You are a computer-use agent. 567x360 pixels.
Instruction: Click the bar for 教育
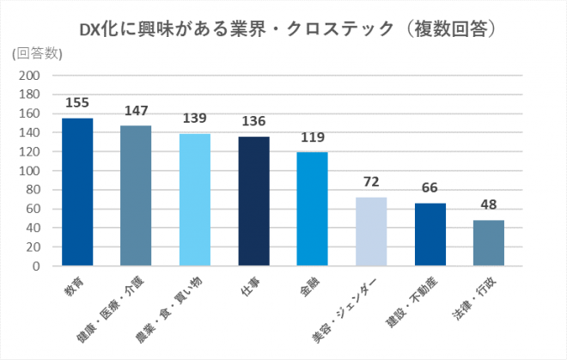(77, 192)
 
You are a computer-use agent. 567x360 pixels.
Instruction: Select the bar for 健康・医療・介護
(136, 196)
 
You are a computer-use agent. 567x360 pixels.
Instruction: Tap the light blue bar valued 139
(194, 199)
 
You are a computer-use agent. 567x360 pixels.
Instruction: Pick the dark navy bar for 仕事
(253, 201)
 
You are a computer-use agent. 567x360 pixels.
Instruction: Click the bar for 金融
(312, 209)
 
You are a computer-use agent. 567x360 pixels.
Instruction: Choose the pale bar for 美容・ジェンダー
(371, 231)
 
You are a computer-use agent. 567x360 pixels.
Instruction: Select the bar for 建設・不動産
(430, 235)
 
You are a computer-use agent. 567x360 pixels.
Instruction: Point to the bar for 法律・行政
(488, 243)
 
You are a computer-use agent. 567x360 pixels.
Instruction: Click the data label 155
(77, 103)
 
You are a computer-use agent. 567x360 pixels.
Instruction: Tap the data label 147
(136, 111)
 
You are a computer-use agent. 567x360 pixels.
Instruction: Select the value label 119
(312, 137)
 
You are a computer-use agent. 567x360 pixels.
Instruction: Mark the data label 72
(371, 182)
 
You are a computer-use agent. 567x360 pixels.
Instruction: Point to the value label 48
(488, 205)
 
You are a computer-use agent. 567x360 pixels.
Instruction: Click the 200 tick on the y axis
(30, 76)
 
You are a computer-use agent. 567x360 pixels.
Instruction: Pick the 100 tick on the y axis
(30, 171)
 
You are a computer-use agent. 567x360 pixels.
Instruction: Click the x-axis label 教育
(71, 285)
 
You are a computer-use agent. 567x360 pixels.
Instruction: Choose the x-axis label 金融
(307, 285)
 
